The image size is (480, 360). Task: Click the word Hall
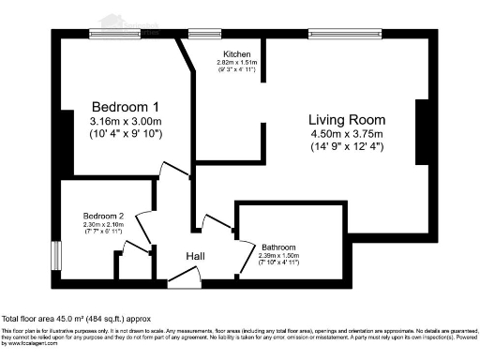(195, 256)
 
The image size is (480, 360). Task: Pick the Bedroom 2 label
(103, 215)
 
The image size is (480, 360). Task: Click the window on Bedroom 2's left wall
(55, 256)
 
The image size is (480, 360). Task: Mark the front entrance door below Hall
(183, 278)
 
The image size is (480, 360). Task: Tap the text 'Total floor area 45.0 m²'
(56, 320)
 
